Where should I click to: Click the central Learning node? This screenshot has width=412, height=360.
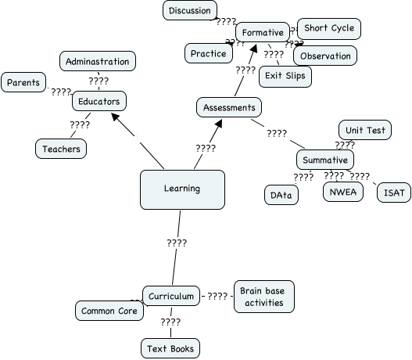coord(182,189)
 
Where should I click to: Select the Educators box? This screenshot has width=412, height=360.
coord(99,101)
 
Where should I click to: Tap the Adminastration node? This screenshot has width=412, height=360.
coord(98,61)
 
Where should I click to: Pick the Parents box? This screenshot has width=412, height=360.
coord(23,82)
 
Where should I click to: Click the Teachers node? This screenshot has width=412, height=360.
coord(60,148)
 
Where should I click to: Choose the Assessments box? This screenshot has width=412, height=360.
coord(228,107)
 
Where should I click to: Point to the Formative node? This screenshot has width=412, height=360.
coord(262,33)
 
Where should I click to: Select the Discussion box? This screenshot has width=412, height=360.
coord(190,11)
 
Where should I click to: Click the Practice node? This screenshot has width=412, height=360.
coord(208,54)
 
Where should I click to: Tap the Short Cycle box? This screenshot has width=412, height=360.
coord(328,29)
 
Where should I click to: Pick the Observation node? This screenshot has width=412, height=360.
coord(325,56)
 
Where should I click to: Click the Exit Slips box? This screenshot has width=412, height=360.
coord(285,76)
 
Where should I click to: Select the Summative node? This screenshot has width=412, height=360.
coord(324,160)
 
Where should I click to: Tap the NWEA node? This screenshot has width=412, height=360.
coord(344,192)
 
